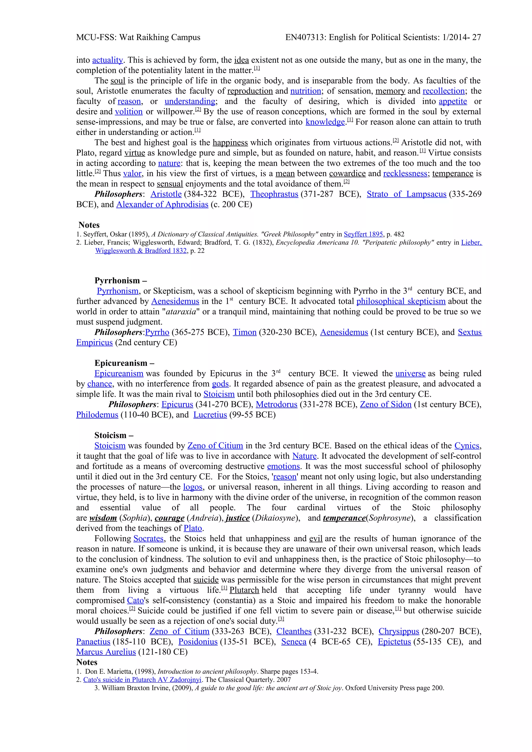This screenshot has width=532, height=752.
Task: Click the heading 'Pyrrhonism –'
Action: pyautogui.click(x=121, y=281)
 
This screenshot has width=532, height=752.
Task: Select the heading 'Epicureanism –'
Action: pyautogui.click(x=124, y=363)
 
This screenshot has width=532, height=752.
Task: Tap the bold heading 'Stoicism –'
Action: pyautogui.click(x=114, y=435)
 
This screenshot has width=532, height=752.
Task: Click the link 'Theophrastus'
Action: pyautogui.click(x=274, y=194)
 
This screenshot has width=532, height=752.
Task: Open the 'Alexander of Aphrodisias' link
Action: pyautogui.click(x=162, y=205)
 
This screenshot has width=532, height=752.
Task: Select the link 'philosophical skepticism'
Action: pyautogui.click(x=401, y=301)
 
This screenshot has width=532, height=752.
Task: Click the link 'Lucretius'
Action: pyautogui.click(x=210, y=415)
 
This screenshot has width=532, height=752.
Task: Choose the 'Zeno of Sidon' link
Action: pyautogui.click(x=385, y=405)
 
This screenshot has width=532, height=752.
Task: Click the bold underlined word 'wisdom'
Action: pyautogui.click(x=103, y=518)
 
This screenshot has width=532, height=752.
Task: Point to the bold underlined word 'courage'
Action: pyautogui.click(x=169, y=518)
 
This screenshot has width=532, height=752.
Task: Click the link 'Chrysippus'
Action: pyautogui.click(x=398, y=632)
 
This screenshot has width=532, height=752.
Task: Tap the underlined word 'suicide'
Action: pyautogui.click(x=206, y=580)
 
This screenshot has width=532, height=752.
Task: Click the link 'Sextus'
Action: pyautogui.click(x=469, y=332)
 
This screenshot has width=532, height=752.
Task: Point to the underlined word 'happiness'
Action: pyautogui.click(x=230, y=143)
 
